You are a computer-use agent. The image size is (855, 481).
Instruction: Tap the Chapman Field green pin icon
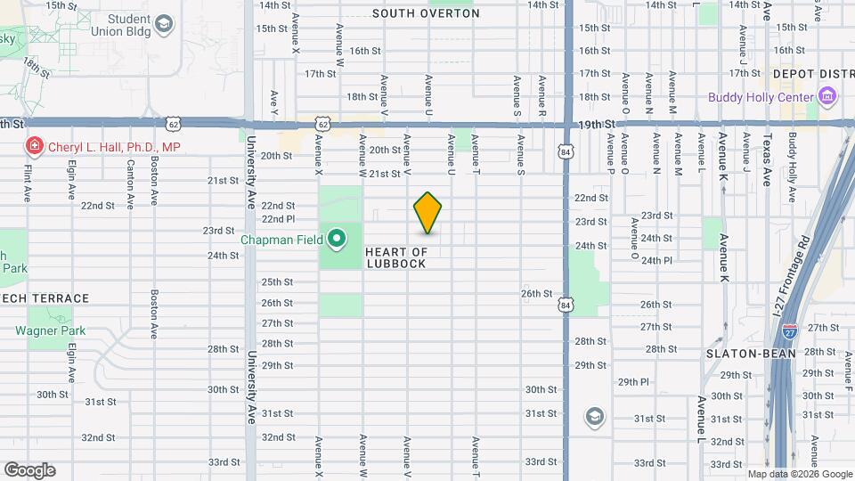tap(338, 239)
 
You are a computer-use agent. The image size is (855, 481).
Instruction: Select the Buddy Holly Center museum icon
tap(827, 96)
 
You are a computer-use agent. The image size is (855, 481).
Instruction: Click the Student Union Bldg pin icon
tap(165, 25)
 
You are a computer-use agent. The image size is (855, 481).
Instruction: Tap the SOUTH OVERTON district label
tap(426, 13)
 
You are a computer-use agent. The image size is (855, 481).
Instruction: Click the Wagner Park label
tap(50, 330)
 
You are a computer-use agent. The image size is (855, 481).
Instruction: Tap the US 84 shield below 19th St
tap(566, 151)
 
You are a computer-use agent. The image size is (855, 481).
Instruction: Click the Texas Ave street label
tap(766, 160)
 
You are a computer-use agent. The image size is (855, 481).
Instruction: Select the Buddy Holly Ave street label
tap(791, 169)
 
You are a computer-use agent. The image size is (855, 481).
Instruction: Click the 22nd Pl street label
tap(278, 218)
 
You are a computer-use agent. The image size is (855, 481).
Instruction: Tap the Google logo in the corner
tap(29, 470)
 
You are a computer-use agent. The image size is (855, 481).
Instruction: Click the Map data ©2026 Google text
tap(799, 475)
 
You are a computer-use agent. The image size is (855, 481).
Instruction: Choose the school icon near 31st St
tap(594, 416)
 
